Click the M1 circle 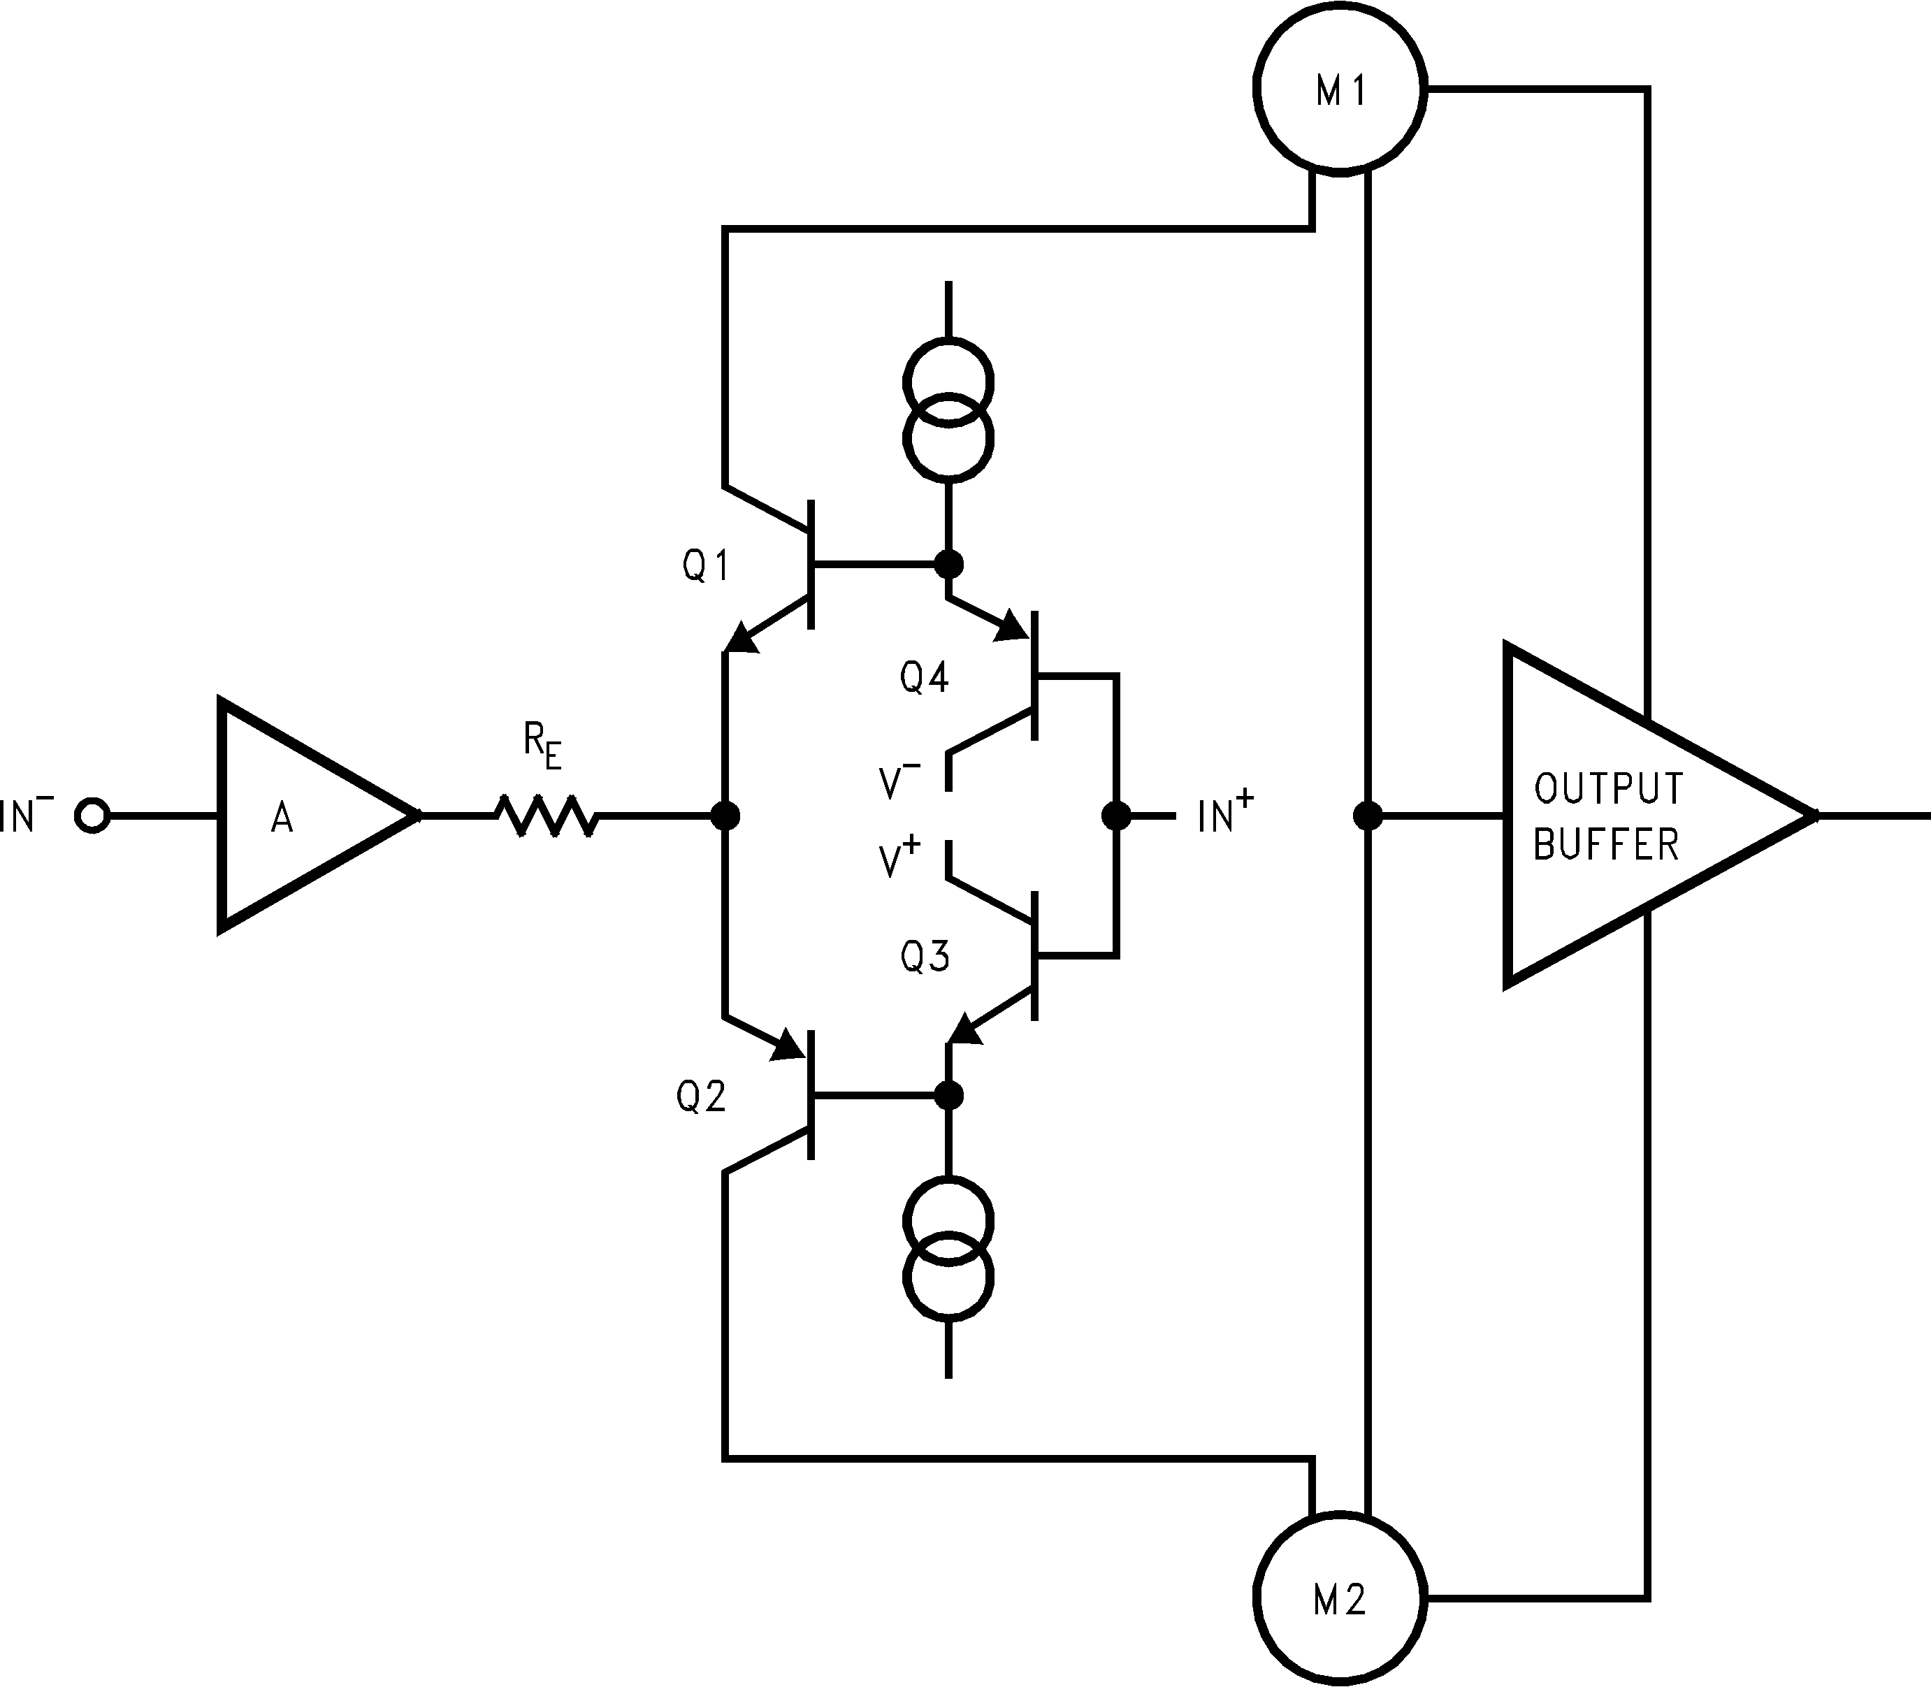pos(1340,87)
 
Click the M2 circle pos(1340,1598)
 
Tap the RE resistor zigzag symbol pos(546,816)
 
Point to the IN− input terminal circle pos(92,816)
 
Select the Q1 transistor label pos(706,566)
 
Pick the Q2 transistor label pos(702,1096)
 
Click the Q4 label pos(925,678)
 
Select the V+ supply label pos(899,859)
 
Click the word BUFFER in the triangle pos(1606,844)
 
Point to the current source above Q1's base pos(948,410)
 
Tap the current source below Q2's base pos(948,1250)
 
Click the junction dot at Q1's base pos(948,565)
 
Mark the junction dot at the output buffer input pos(1367,816)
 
